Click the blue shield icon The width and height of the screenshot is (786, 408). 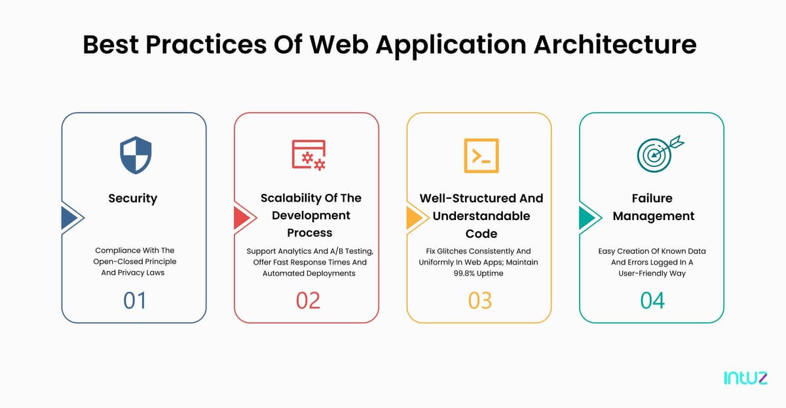tap(136, 155)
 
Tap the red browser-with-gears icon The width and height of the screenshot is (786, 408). tap(309, 155)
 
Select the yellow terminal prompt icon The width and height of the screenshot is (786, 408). tap(481, 155)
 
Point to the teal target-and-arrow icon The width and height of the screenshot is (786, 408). tap(660, 154)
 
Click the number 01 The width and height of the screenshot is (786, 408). tap(134, 301)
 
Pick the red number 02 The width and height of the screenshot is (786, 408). tap(308, 301)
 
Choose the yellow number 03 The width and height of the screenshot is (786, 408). tap(480, 301)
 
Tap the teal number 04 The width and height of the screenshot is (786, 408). tap(652, 301)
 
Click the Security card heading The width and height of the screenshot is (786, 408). tap(132, 198)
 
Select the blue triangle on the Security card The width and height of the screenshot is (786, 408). tap(69, 217)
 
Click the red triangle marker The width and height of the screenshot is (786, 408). tap(242, 217)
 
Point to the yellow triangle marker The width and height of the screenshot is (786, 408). tap(414, 217)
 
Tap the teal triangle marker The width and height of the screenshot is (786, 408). tap(587, 217)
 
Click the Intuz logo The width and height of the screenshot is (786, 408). tap(745, 378)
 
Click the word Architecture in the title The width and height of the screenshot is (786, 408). tap(615, 45)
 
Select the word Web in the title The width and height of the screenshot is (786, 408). tap(339, 45)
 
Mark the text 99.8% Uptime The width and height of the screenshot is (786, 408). tap(478, 273)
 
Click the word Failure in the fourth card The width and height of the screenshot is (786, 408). tap(652, 198)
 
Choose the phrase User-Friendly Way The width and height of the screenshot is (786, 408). tap(652, 274)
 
